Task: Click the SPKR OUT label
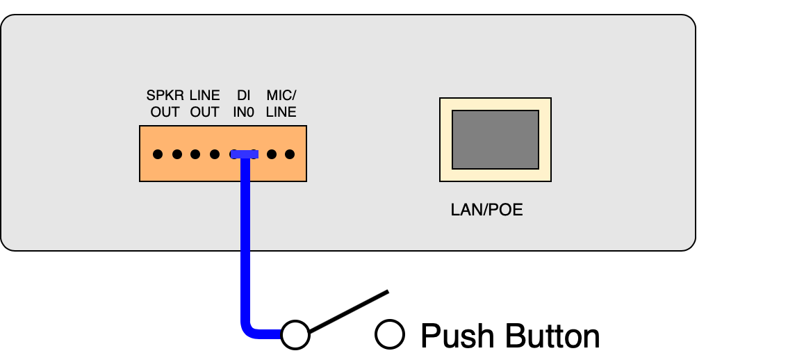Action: pyautogui.click(x=165, y=104)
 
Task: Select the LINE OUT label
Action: pyautogui.click(x=204, y=104)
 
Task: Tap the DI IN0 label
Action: pyautogui.click(x=244, y=104)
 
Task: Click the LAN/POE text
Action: pyautogui.click(x=486, y=209)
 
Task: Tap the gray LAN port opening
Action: pyautogui.click(x=495, y=139)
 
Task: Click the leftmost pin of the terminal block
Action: pyautogui.click(x=158, y=154)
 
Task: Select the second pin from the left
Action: pyautogui.click(x=177, y=154)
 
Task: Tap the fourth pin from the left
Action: pyautogui.click(x=215, y=154)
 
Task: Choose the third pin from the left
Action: pyautogui.click(x=196, y=154)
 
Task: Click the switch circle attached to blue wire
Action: pyautogui.click(x=295, y=334)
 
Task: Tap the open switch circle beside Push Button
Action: pyautogui.click(x=389, y=334)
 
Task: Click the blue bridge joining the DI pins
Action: pyautogui.click(x=245, y=154)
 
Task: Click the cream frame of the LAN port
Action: pyautogui.click(x=445, y=139)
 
